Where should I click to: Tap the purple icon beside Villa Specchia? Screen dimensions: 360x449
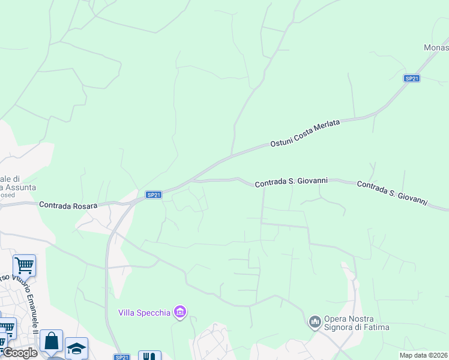pos(179,312)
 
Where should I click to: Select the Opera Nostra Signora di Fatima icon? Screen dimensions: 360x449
pos(315,322)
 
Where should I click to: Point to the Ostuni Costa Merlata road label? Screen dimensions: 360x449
pos(305,133)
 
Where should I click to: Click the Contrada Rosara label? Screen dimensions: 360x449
pos(68,205)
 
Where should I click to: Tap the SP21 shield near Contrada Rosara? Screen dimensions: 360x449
pos(154,194)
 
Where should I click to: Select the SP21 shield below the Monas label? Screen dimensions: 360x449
pos(411,78)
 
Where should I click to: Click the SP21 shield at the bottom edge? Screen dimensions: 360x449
pos(122,357)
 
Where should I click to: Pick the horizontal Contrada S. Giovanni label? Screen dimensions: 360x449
pos(291,182)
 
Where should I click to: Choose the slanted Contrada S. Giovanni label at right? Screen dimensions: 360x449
pos(391,193)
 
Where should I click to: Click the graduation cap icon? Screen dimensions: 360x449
pos(77,347)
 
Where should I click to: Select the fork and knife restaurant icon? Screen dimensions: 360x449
pos(149,356)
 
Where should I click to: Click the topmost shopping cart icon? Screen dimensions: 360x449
pos(24,265)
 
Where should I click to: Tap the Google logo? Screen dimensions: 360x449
pos(20,353)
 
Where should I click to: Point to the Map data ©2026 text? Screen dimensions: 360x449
pos(424,355)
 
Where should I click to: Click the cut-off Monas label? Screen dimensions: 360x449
pos(436,48)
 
